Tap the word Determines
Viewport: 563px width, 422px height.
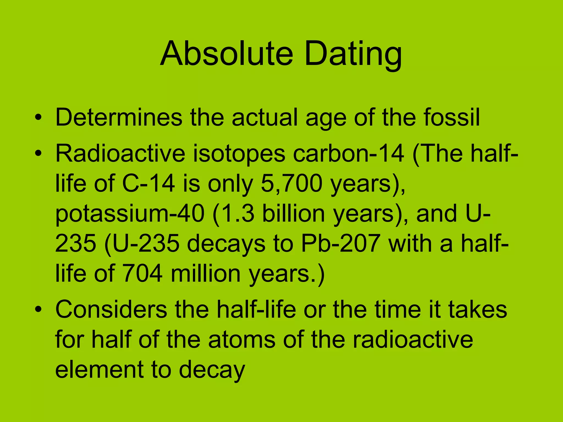(x=119, y=117)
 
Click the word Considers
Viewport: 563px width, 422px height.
(x=111, y=310)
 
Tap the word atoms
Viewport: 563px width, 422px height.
(x=242, y=340)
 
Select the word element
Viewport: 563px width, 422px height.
(x=99, y=370)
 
